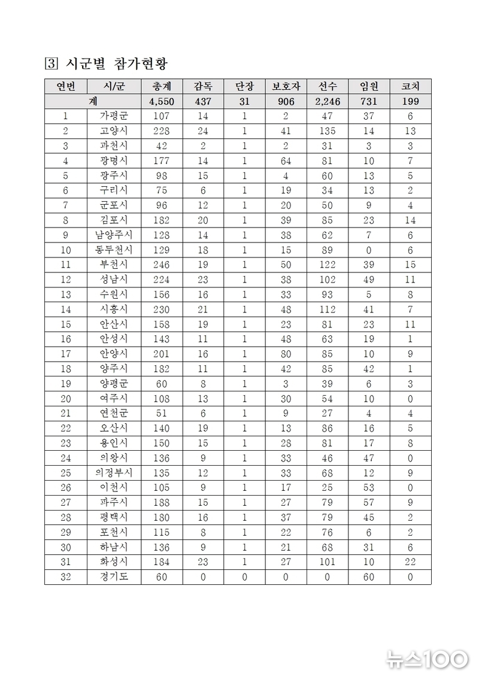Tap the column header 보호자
pos(286,86)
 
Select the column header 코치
pos(410,86)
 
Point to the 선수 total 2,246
pos(328,101)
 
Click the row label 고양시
pos(114,131)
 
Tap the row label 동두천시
pos(114,250)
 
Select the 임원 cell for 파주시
pos(369,502)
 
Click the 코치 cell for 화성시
pos(410,562)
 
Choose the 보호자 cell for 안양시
pos(286,354)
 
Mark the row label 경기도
pos(114,577)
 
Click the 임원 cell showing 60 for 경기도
pos(369,577)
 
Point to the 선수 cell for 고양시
pos(328,131)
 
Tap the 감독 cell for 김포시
pos(203,220)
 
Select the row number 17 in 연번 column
pos(65,354)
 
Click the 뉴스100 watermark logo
pos(427,659)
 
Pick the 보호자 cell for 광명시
pos(286,161)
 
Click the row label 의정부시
pos(114,473)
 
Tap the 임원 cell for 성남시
pos(369,280)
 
